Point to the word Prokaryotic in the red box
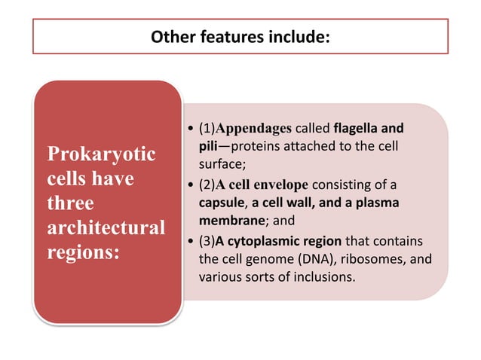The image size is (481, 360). [x=101, y=155]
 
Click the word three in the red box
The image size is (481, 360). [x=70, y=203]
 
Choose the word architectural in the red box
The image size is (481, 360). [x=106, y=227]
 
